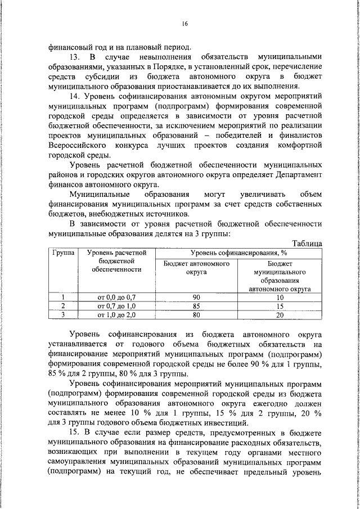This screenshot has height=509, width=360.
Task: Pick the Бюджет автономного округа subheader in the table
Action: [197, 267]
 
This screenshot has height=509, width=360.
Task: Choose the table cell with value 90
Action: [197, 297]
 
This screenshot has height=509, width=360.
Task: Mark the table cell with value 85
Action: [197, 306]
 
